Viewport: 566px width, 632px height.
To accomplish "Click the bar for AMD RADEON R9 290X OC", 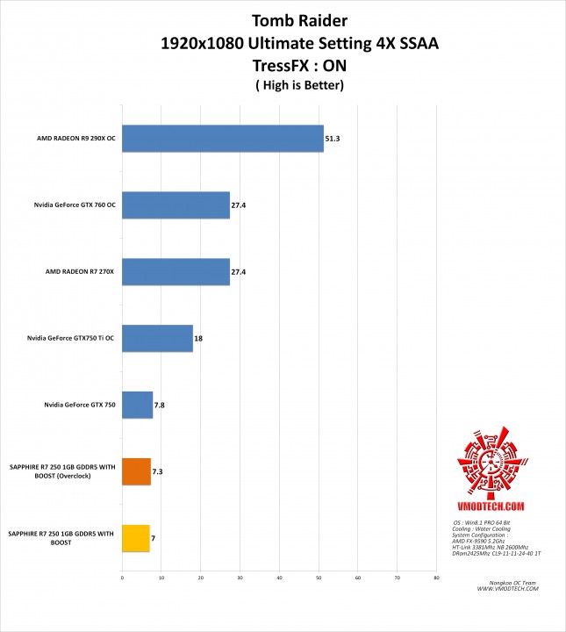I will (223, 139).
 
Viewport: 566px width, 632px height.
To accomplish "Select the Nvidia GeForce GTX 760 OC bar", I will (176, 205).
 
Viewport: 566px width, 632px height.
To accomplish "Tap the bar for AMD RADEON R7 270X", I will (176, 272).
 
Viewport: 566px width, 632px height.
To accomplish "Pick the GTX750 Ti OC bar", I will (157, 339).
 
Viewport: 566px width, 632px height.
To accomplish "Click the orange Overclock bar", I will (136, 471).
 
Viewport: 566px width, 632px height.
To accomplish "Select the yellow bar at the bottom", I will (135, 538).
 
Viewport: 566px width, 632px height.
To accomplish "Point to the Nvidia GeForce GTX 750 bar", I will (137, 405).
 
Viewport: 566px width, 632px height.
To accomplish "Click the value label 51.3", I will (333, 139).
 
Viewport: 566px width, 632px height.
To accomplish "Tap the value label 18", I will (198, 339).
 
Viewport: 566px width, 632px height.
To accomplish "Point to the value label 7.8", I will (160, 406).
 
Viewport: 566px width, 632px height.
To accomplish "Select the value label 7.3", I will (158, 472).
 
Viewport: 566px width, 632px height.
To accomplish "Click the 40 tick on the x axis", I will (279, 578).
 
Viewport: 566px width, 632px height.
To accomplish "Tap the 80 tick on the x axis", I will (436, 578).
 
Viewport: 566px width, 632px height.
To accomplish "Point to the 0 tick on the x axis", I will (122, 578).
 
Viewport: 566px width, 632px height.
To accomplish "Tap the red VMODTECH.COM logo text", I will (491, 506).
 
